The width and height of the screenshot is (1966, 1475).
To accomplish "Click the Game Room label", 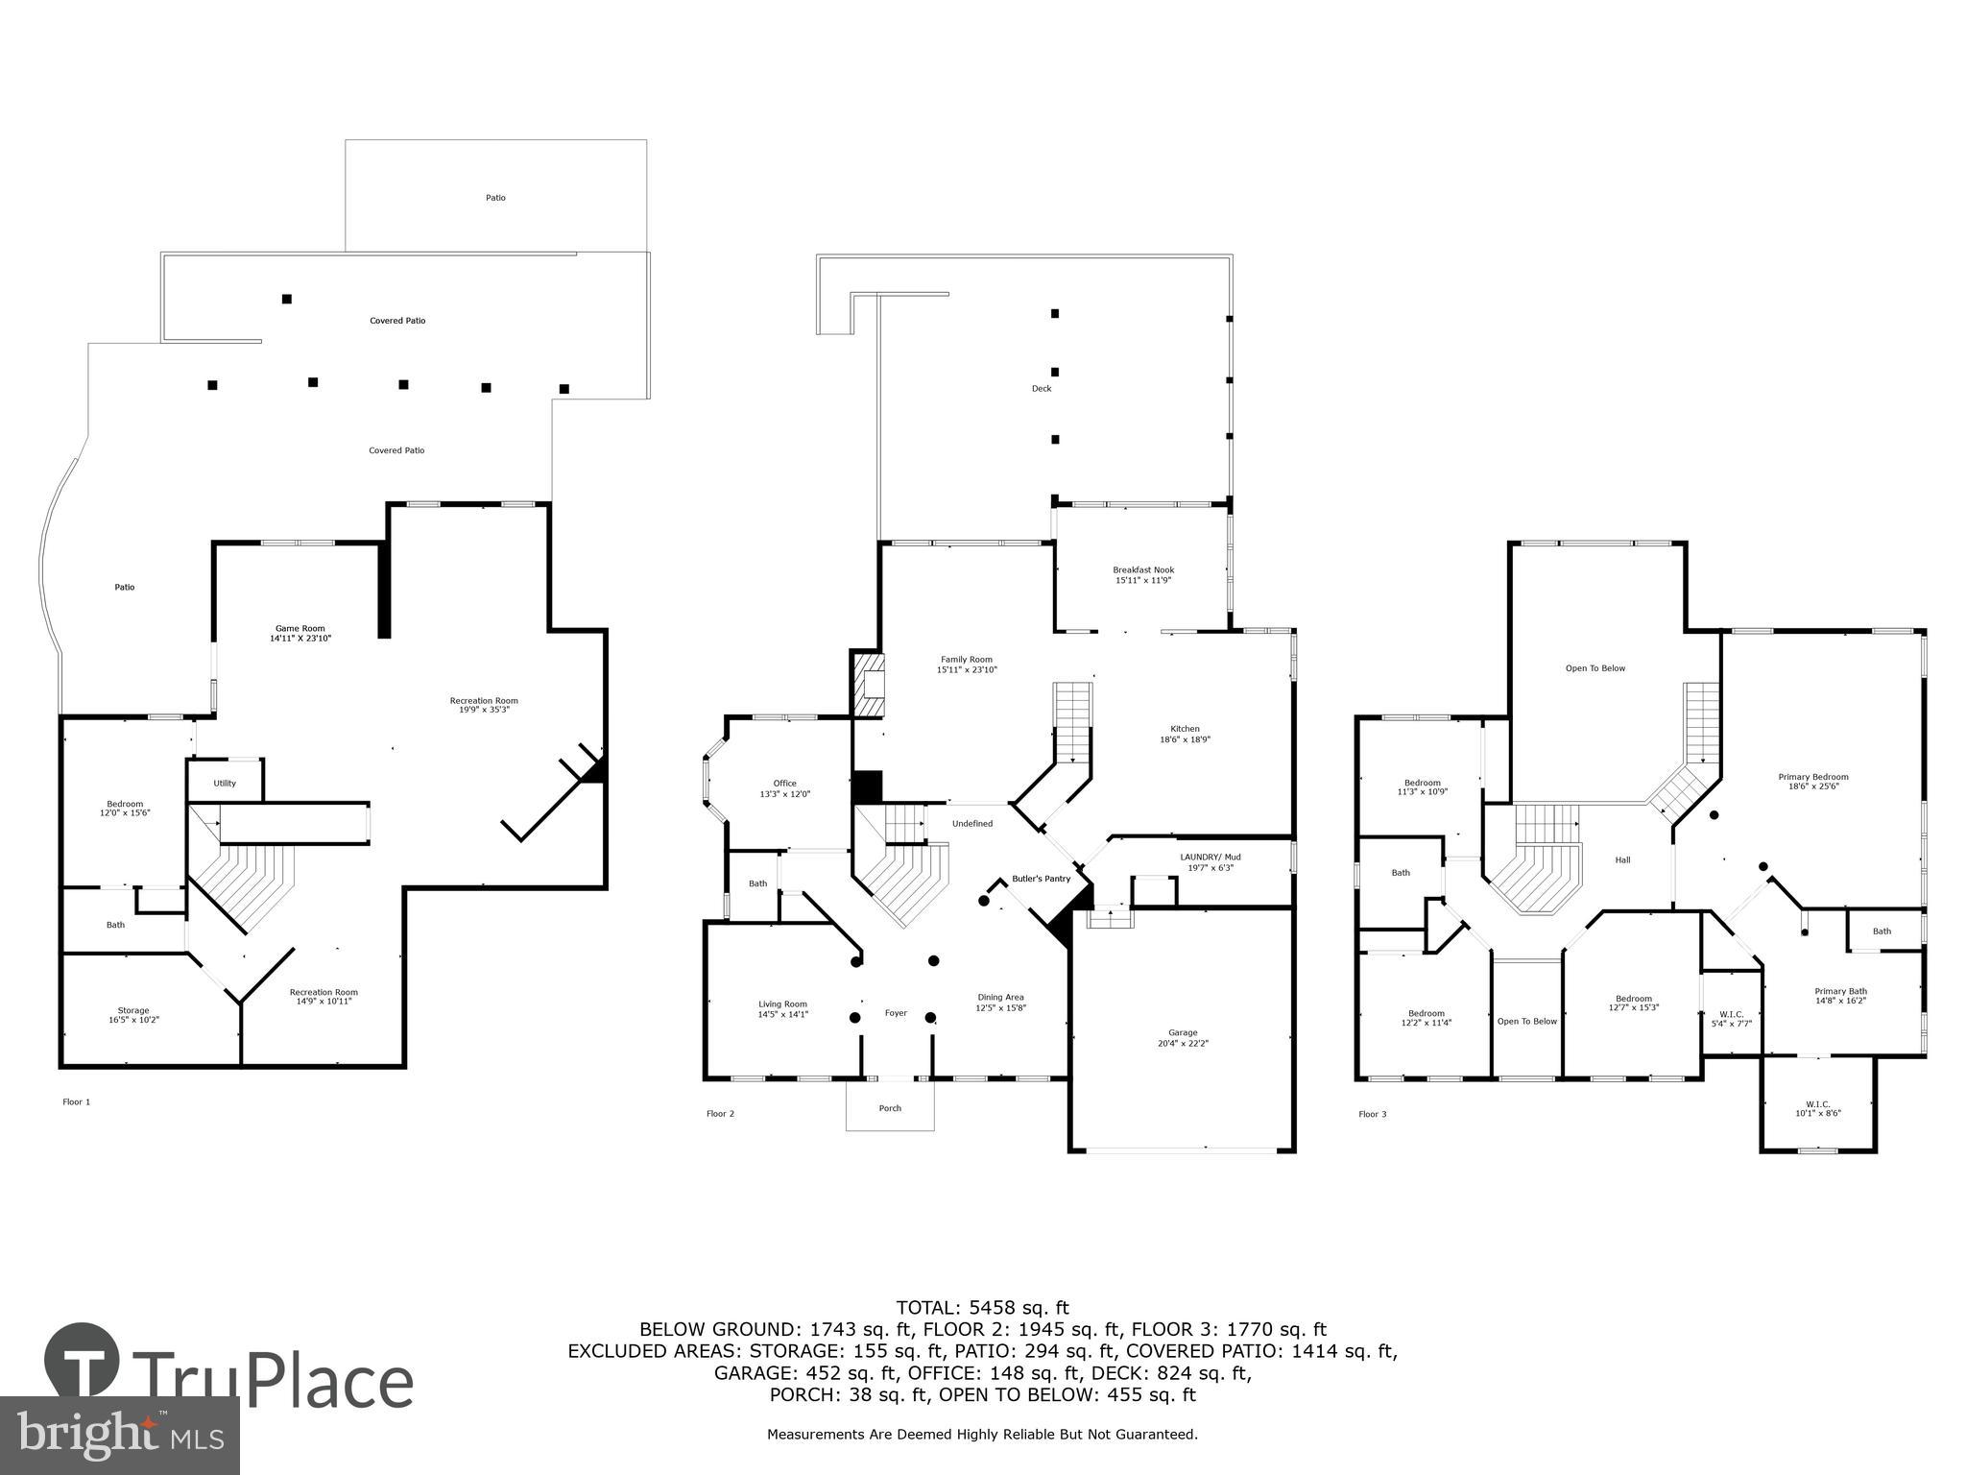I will (300, 629).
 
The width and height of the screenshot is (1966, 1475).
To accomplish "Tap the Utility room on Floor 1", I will (225, 783).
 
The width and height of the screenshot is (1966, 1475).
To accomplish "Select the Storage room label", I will (133, 1010).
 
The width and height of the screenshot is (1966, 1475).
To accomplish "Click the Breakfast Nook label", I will (1142, 570).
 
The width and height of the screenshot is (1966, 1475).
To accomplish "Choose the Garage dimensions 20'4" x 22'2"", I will (1183, 1044).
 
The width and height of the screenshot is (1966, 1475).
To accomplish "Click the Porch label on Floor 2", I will (890, 1108).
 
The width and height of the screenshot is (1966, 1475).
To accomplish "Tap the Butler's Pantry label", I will (1041, 879).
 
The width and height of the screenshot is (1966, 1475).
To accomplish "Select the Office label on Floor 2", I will (785, 784).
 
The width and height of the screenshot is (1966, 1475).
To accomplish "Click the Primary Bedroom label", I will (1812, 777).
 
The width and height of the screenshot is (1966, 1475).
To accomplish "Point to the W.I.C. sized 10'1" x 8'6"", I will (1817, 1108).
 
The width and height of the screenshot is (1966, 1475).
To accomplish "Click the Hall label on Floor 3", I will (1622, 859).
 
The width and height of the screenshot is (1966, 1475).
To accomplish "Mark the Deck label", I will (1042, 389).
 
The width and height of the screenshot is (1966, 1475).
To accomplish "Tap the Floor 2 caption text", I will (720, 1114).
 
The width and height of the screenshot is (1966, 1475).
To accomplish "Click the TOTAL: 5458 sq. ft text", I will (982, 1307).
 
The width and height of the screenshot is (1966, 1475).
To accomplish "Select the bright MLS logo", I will (120, 1435).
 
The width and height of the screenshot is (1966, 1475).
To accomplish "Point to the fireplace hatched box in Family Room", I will (868, 684).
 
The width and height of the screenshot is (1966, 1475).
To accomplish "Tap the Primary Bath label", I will (1840, 992).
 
